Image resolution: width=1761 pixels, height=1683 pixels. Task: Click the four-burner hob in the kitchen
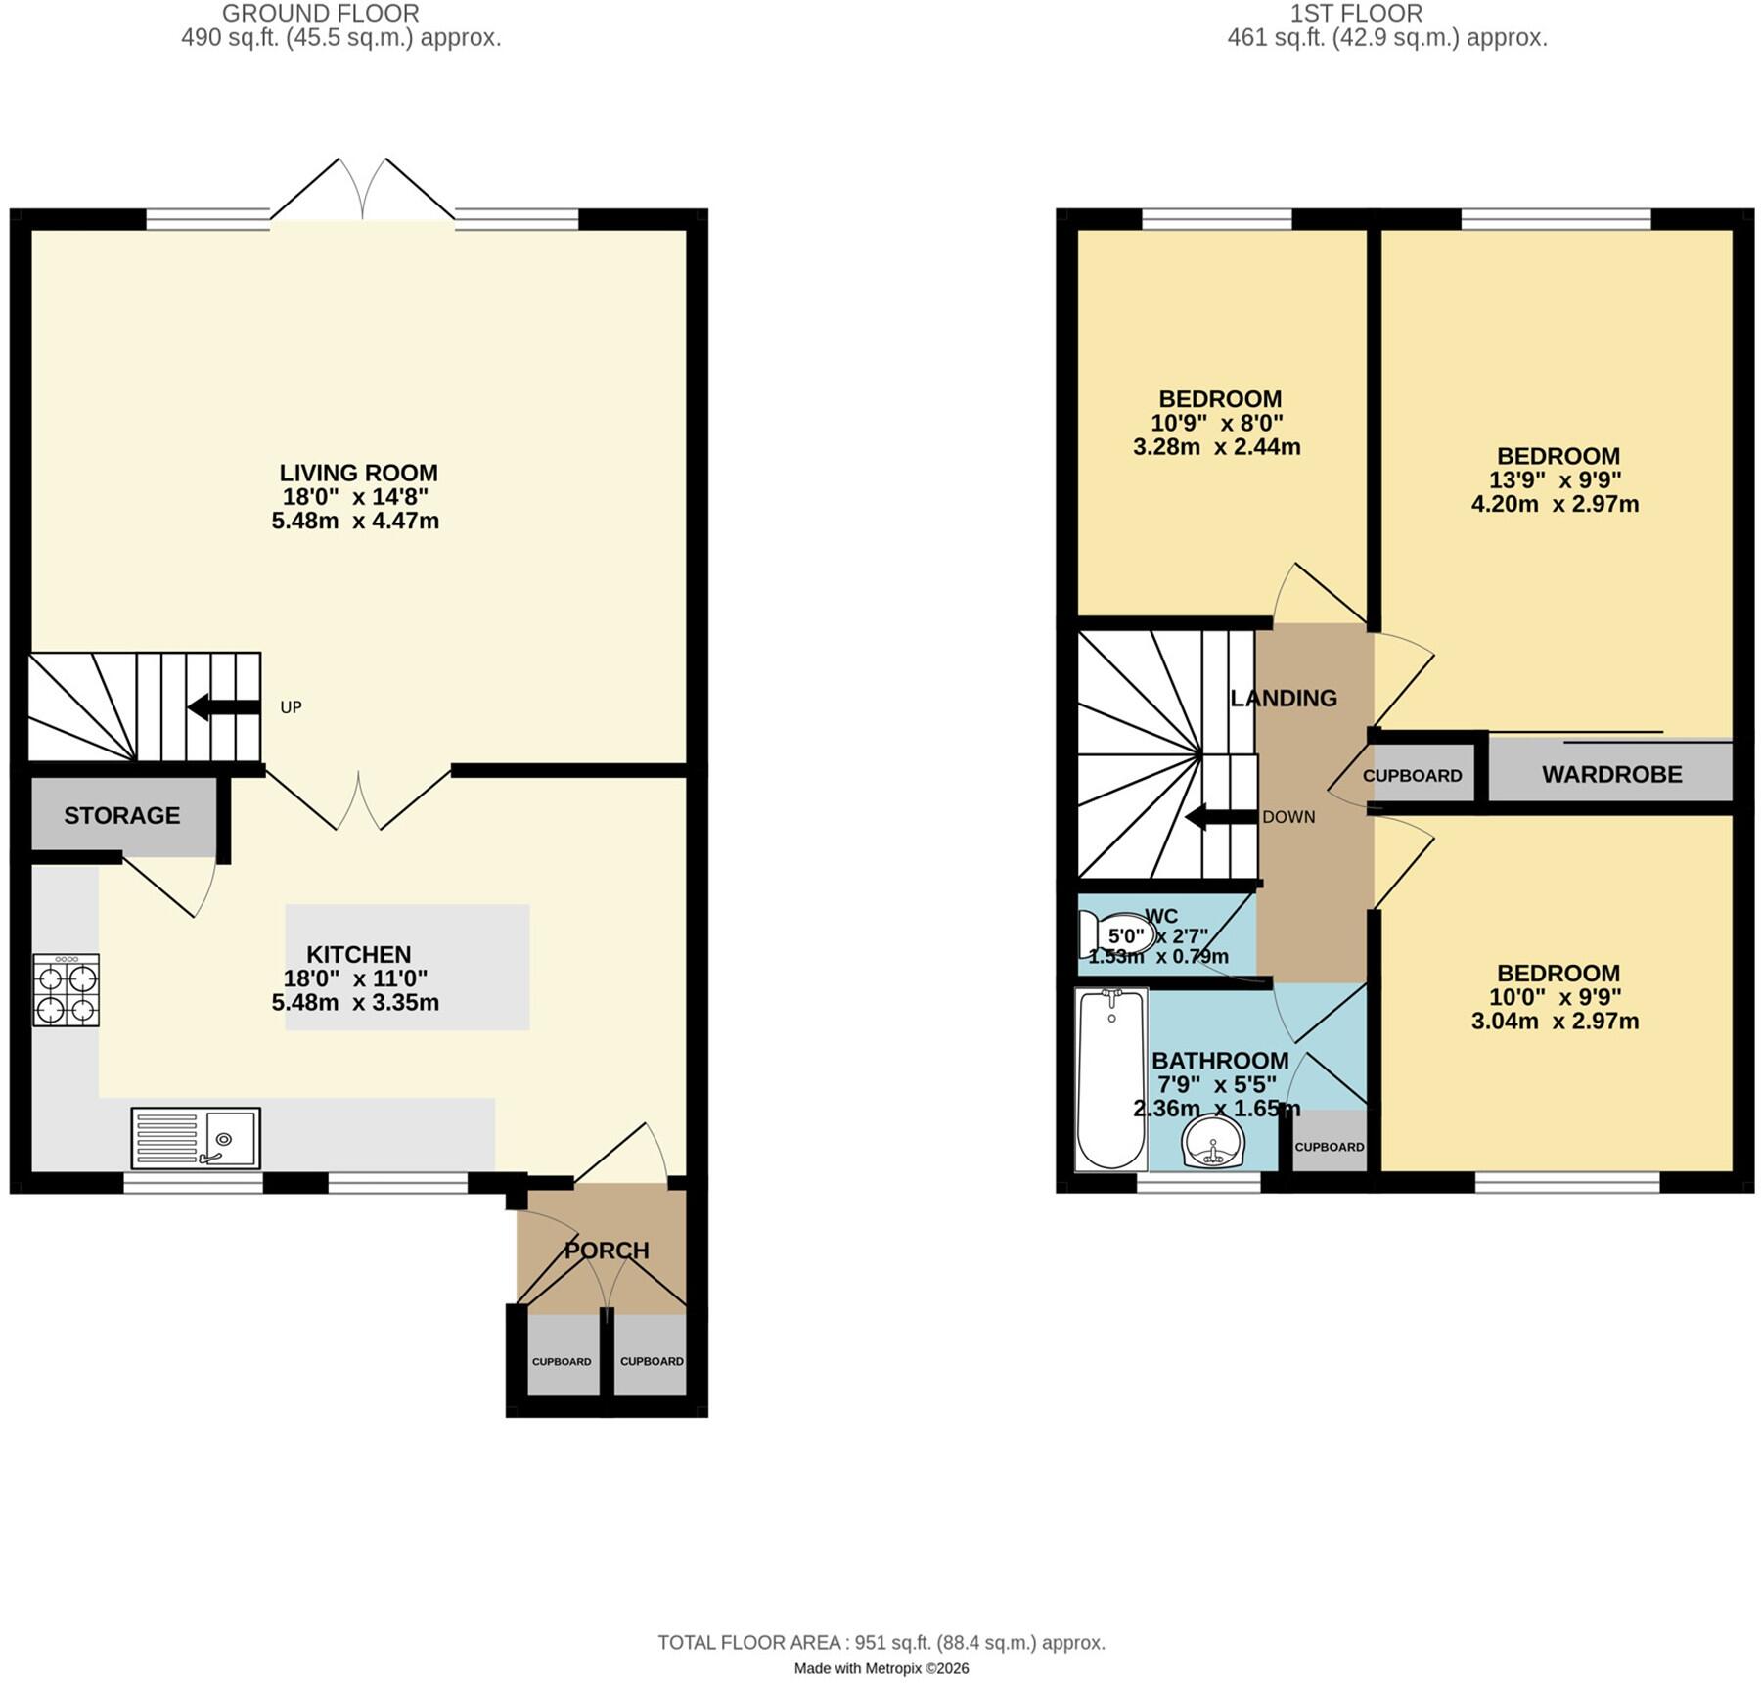67,989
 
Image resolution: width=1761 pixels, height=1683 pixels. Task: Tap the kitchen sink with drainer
196,1138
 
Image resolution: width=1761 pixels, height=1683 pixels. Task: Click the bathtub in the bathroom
1111,1079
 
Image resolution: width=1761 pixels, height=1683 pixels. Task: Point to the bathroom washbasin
1213,1143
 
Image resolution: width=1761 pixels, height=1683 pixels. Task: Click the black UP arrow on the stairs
224,706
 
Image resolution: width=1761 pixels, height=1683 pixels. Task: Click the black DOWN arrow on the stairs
1221,817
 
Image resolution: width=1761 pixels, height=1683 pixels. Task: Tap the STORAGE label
122,815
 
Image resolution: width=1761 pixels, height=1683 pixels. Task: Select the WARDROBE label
1612,774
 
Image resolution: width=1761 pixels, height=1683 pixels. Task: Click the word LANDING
1284,698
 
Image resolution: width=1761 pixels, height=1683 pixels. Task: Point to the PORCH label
607,1250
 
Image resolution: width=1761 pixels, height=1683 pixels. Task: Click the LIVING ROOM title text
359,473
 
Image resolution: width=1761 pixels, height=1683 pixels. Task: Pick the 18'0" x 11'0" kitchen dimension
356,978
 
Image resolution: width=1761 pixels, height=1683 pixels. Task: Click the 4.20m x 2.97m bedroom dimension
1556,504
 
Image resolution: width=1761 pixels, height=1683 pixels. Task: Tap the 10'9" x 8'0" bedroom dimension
1217,423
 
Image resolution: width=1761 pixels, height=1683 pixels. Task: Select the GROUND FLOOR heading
321,14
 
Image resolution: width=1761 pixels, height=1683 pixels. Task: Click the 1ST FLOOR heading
1356,14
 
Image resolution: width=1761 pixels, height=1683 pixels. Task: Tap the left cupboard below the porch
563,1354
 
